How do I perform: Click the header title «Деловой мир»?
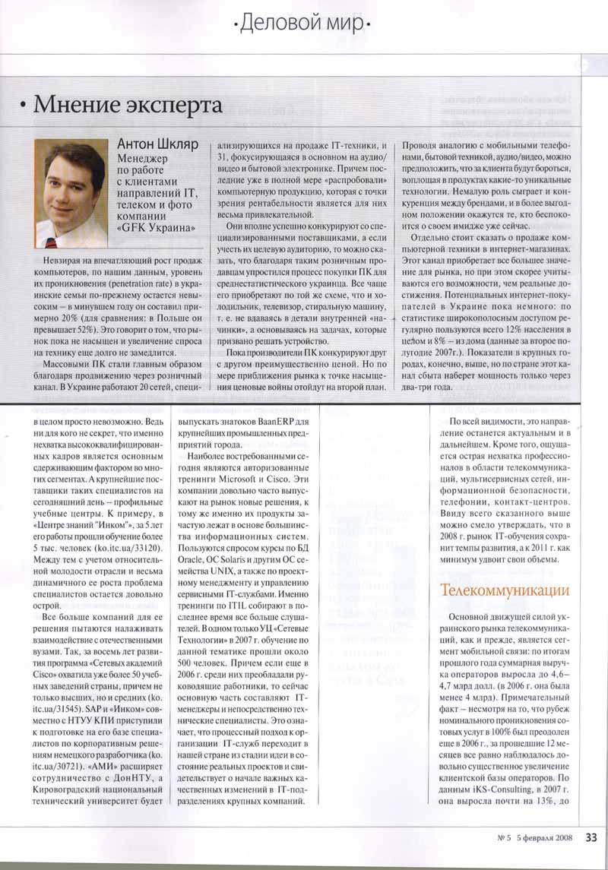coord(305,25)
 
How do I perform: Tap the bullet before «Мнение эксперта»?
coord(26,106)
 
